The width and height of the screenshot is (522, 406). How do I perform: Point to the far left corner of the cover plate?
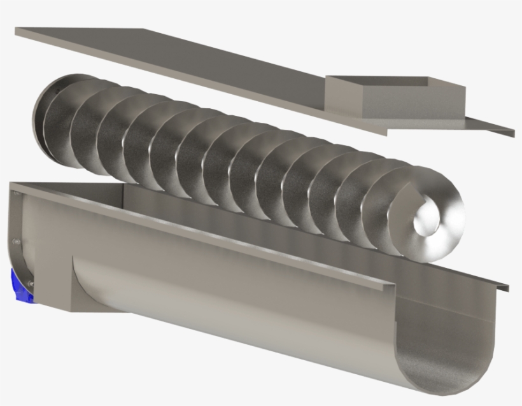click(x=17, y=29)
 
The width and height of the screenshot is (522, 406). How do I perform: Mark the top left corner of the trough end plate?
click(x=11, y=185)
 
